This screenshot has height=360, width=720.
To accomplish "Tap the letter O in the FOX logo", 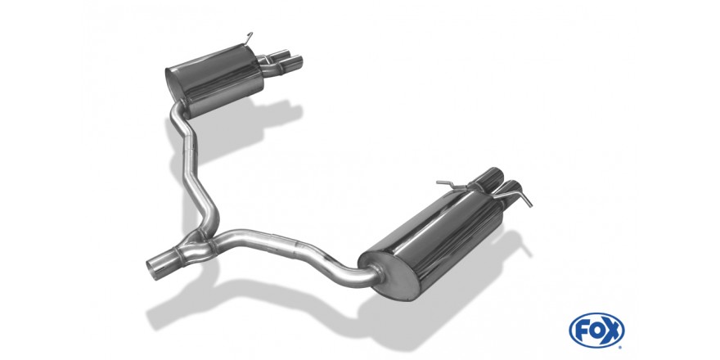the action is [x=596, y=330].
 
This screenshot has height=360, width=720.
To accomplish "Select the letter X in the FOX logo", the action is [x=611, y=331].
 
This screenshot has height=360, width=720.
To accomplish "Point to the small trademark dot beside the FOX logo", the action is [x=620, y=348].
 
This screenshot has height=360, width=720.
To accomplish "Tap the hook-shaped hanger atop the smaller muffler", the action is [x=249, y=38].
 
